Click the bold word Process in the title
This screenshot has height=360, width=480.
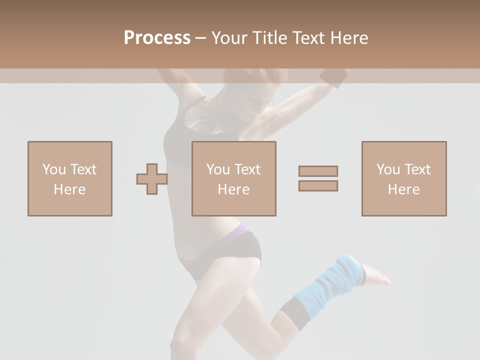click(157, 38)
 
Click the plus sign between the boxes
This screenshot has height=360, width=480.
click(152, 179)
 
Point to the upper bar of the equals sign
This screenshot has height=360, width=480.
click(318, 171)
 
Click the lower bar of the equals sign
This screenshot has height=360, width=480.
click(318, 185)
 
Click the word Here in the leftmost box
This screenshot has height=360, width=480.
click(69, 189)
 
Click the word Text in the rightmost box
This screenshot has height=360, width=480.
click(417, 169)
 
